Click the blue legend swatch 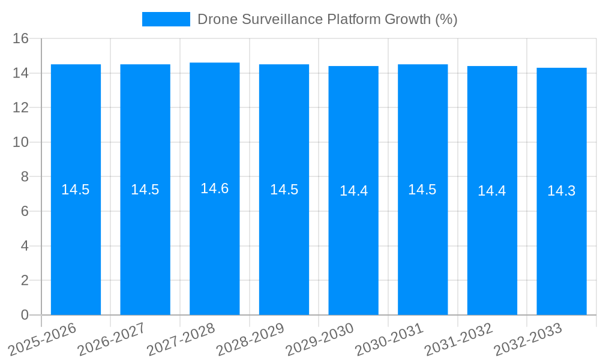click(166, 19)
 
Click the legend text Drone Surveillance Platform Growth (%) click(327, 19)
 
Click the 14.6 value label click(215, 188)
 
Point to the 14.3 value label click(562, 191)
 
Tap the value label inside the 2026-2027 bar click(145, 190)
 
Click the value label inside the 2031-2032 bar click(492, 191)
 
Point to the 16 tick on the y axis click(21, 38)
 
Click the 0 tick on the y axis click(25, 315)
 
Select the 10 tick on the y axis click(21, 142)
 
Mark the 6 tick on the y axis click(25, 211)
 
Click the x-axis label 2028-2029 click(250, 340)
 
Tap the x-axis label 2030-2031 click(389, 340)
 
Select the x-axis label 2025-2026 click(43, 340)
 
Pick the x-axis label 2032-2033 click(528, 340)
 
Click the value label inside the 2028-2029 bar click(284, 190)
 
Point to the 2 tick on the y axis click(25, 280)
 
